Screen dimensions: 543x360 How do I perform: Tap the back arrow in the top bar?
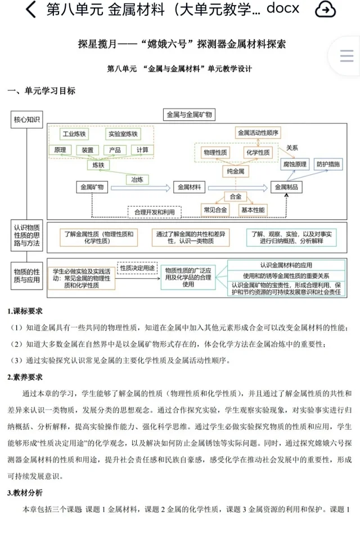tap(31, 10)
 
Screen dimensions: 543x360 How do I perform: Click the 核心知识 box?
tap(26, 120)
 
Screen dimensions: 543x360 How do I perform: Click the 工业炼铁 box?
tap(74, 134)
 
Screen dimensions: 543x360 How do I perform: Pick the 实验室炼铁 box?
tap(122, 134)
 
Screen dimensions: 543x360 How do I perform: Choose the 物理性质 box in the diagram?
tap(215, 152)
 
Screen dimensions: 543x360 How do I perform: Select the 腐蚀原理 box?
tap(295, 164)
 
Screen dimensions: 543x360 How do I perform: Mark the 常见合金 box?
tap(216, 210)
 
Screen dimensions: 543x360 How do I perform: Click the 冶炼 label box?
tap(137, 179)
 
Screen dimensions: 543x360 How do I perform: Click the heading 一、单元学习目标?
tap(41, 90)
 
